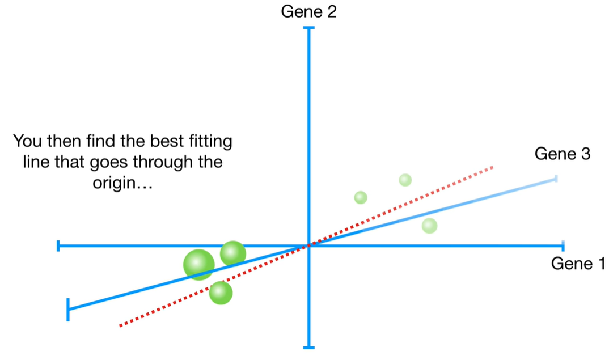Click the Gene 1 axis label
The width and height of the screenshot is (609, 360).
[578, 264]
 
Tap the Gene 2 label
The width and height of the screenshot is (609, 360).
[309, 11]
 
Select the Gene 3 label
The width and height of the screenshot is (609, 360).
[563, 154]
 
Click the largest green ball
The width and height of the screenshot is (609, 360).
[199, 264]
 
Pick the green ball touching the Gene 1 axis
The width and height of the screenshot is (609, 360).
[232, 253]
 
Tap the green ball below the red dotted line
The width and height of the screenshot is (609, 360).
[221, 293]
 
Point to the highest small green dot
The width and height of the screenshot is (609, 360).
[405, 180]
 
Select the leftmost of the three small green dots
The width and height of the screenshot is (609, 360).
[361, 197]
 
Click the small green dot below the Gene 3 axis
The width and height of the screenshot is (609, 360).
[430, 226]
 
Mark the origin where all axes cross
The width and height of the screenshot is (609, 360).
[309, 246]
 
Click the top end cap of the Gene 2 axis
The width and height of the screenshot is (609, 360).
[309, 27]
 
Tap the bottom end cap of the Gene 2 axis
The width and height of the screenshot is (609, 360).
[309, 347]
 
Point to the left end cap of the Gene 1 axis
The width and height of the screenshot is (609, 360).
[58, 245]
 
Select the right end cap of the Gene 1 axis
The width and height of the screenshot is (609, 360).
[563, 245]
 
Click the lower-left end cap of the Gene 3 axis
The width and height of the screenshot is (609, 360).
[68, 309]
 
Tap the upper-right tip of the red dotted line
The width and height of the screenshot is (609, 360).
[492, 167]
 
